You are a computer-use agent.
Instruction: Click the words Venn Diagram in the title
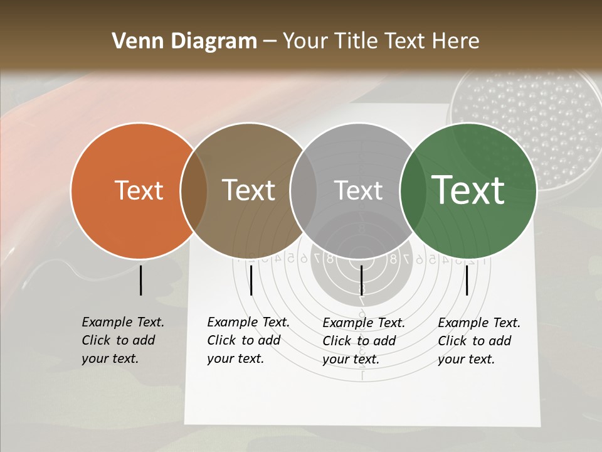[184, 41]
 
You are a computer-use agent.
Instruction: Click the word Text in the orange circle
[139, 190]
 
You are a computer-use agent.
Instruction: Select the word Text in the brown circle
[249, 190]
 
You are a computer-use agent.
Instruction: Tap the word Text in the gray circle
[358, 190]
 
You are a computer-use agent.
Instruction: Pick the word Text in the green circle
[468, 190]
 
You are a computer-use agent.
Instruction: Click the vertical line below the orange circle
[141, 280]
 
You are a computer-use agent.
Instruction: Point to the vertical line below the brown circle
[251, 280]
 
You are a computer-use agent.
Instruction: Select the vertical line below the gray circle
[362, 280]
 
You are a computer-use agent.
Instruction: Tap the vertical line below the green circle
[467, 280]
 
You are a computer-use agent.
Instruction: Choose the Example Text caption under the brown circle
[248, 340]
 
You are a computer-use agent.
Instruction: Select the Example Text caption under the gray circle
[364, 341]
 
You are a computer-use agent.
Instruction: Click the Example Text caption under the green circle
[479, 341]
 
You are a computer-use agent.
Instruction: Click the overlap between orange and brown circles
[194, 190]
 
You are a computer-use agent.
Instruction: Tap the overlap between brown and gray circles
[304, 190]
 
